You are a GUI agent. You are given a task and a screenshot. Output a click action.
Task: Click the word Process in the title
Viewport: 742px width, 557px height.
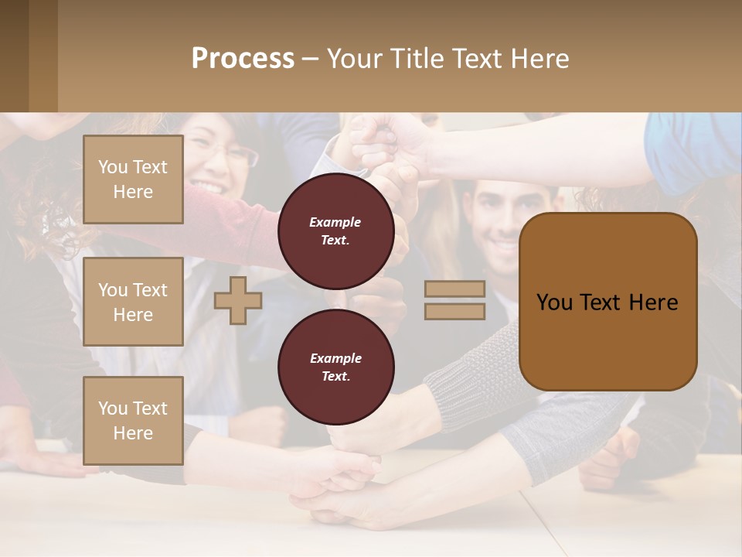point(243,59)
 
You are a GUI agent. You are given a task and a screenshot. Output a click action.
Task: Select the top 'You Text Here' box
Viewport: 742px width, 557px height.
point(133,179)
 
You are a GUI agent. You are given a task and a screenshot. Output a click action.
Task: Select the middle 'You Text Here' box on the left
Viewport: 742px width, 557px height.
point(133,302)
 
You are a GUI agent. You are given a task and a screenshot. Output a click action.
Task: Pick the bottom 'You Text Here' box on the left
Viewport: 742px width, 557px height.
point(133,420)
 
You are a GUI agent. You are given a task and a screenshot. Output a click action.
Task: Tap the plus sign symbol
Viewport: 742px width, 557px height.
point(238,300)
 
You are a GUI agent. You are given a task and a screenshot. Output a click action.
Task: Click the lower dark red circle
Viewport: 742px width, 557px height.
point(335,367)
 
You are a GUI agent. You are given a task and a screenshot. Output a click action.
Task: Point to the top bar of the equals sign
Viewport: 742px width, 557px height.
point(454,289)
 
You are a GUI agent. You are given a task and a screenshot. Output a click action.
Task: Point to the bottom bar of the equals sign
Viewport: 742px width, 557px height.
point(454,311)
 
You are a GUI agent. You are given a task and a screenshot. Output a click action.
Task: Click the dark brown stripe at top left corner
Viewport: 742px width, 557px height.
point(14,56)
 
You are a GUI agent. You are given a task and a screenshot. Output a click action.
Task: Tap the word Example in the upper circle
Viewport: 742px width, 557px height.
point(335,222)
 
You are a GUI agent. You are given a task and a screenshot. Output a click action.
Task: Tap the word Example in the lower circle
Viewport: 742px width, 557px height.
point(335,358)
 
